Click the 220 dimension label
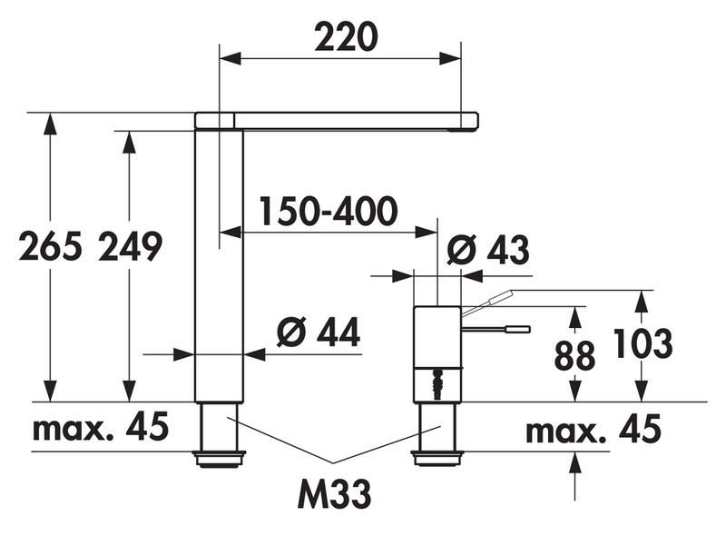click(346, 37)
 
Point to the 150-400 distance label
click(329, 211)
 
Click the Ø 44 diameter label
click(319, 333)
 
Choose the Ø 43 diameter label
click(488, 251)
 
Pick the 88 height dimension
click(574, 355)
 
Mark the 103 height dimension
click(643, 343)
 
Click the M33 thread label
click(334, 494)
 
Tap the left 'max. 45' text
click(101, 427)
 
